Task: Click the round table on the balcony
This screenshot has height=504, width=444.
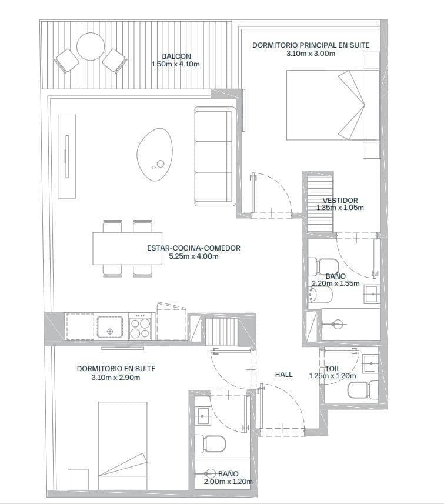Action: (91, 46)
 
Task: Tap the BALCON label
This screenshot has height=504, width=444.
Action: (176, 56)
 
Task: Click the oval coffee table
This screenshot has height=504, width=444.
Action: (155, 155)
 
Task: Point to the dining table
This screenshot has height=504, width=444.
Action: (127, 248)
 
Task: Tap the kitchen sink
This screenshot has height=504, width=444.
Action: (109, 327)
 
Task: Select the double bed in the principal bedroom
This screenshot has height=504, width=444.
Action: (333, 105)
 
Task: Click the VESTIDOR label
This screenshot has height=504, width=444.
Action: (340, 201)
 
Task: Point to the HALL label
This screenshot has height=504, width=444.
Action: (284, 375)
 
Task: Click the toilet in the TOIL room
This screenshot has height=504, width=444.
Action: (363, 390)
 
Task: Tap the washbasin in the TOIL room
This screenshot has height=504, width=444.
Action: (370, 363)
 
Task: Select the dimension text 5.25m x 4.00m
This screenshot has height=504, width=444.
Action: (193, 256)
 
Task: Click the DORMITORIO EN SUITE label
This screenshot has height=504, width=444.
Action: (116, 369)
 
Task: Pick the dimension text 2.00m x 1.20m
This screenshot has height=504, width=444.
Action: (228, 482)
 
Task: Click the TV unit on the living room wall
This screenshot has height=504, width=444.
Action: (67, 156)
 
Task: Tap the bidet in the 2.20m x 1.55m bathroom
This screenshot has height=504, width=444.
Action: (320, 295)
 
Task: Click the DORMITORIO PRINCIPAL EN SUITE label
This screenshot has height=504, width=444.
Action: (311, 45)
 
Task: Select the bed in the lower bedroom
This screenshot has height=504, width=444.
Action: (122, 446)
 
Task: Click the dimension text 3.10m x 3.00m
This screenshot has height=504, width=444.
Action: (311, 54)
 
